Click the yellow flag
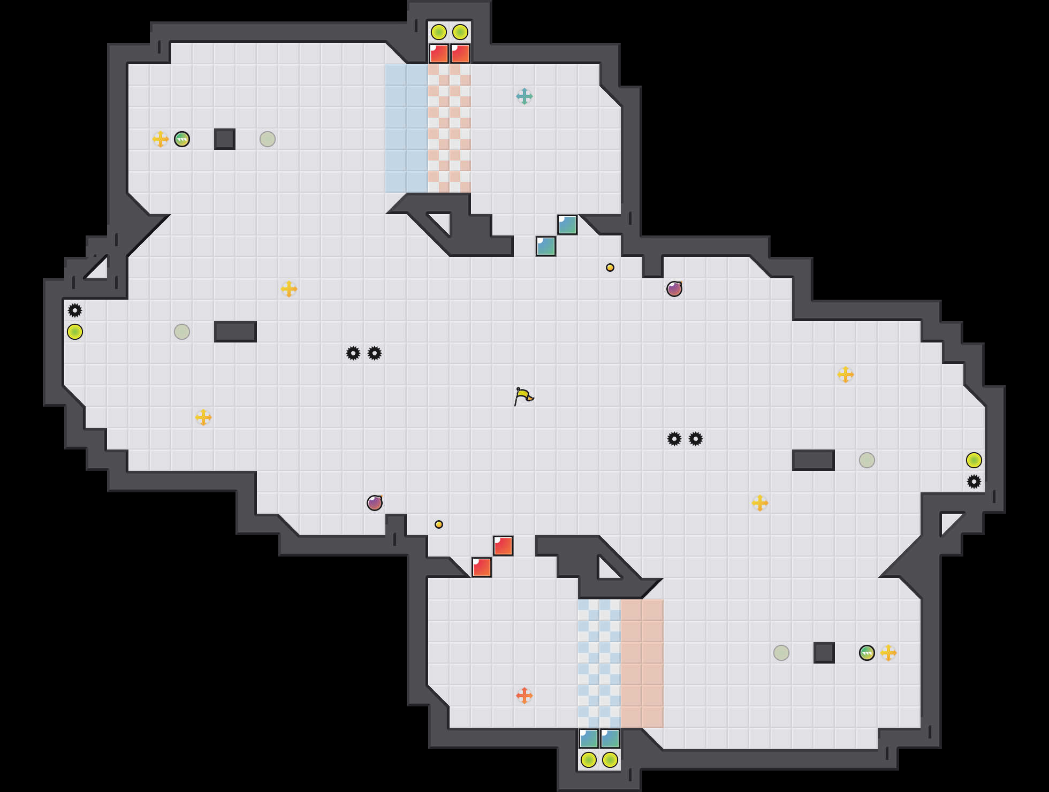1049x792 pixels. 523,397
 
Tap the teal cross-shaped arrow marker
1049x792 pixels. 524,96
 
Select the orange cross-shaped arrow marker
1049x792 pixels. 524,696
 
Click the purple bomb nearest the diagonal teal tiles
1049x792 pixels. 674,289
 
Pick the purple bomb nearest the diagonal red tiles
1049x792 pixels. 375,503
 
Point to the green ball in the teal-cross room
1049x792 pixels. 182,139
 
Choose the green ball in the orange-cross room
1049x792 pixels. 867,653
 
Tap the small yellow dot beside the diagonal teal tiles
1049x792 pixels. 610,268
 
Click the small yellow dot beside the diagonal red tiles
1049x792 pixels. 439,524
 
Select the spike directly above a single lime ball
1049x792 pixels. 75,310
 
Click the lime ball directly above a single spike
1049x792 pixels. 974,460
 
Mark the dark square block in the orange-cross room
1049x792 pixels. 824,653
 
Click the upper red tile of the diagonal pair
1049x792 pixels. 503,546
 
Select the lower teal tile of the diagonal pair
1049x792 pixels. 546,246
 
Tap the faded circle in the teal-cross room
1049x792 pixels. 268,139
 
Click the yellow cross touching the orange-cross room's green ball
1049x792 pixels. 888,653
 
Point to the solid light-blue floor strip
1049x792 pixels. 407,128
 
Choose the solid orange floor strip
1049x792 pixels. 642,664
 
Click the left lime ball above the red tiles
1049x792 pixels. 439,32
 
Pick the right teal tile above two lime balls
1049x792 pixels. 610,738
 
